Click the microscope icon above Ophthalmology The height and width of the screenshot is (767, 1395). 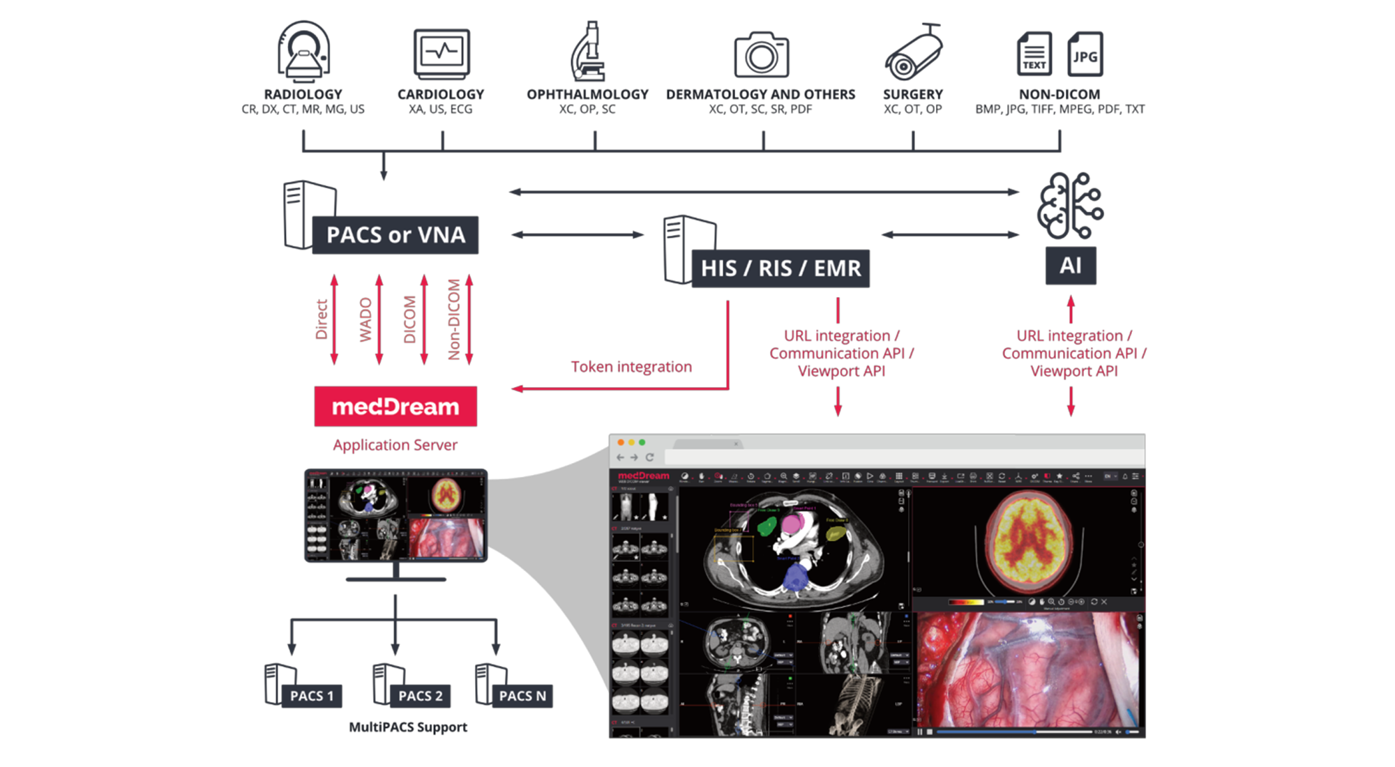pos(588,52)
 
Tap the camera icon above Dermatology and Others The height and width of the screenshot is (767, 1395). pos(761,55)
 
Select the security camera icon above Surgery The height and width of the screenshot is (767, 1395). pos(913,52)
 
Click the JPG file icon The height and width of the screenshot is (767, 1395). pos(1085,54)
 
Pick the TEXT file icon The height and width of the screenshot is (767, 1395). pos(1034,54)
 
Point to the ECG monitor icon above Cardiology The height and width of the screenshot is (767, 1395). pos(442,54)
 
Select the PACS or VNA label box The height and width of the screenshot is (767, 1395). pos(395,235)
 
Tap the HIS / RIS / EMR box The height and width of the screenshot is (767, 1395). pos(781,268)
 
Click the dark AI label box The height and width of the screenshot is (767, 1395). pos(1070,266)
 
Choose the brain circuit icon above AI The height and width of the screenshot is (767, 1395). pos(1070,206)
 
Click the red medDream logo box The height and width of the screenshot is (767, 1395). pos(395,407)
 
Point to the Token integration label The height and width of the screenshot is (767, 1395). pos(631,367)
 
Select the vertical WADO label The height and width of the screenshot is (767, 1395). pos(365,320)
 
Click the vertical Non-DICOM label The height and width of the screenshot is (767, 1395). pos(454,320)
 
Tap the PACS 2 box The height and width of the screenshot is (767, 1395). pos(420,696)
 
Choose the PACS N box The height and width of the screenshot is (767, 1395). pos(522,696)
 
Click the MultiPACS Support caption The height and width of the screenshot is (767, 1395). pos(408,727)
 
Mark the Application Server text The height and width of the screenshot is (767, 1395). pos(395,445)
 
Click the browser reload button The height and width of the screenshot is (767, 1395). pos(649,457)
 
